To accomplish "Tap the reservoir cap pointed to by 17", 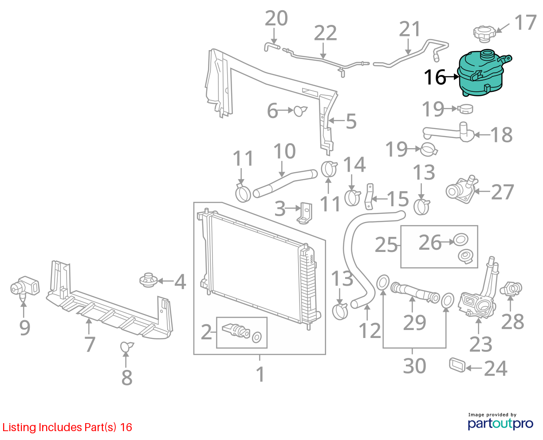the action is (x=484, y=34).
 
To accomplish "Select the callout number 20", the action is (x=276, y=18).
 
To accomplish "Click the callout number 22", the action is (x=325, y=33).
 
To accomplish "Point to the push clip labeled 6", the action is (x=300, y=111).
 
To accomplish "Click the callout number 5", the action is (x=351, y=122).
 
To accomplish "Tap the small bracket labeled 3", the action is (x=305, y=213).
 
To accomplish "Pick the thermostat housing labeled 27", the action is (x=461, y=190).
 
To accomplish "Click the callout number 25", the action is (x=386, y=245).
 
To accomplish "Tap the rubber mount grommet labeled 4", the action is (x=148, y=280).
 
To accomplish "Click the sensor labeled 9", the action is (x=25, y=287).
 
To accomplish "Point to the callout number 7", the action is (x=90, y=344).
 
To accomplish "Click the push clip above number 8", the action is (x=126, y=346).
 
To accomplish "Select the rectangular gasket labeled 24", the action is (x=457, y=365).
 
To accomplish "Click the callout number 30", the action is (x=414, y=366).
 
